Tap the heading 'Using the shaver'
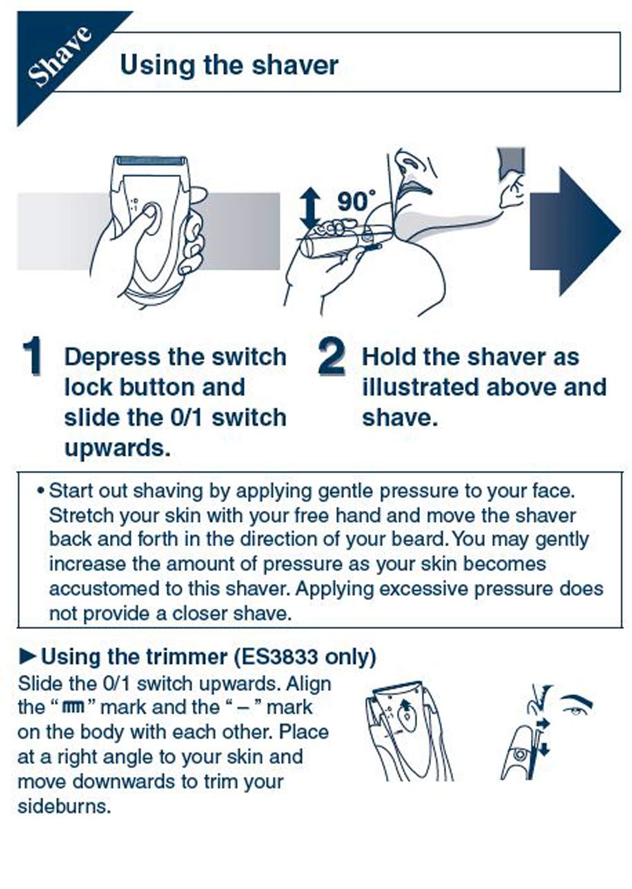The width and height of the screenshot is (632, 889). point(229,64)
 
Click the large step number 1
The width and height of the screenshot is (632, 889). point(32,355)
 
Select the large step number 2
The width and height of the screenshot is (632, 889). point(332,355)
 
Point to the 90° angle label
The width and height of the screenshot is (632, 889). point(356,201)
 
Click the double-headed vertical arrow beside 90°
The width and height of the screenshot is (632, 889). point(310,209)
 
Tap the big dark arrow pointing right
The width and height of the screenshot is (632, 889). point(574,231)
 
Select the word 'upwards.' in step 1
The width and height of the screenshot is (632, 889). point(117,448)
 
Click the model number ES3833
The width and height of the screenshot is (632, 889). point(279,657)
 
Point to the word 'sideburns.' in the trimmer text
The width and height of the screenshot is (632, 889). point(64,806)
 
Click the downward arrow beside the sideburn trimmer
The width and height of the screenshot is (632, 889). point(544,749)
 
